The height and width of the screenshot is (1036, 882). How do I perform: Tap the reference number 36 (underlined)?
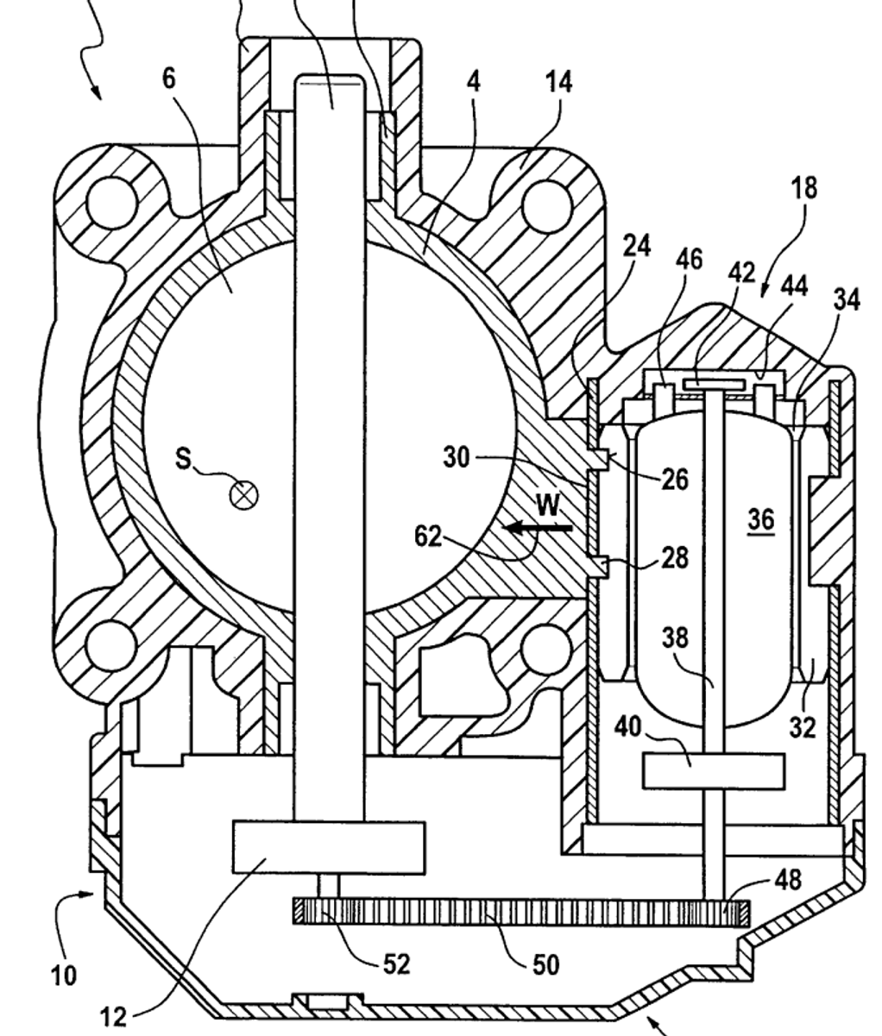(x=762, y=520)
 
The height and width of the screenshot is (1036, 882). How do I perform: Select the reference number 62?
(x=428, y=537)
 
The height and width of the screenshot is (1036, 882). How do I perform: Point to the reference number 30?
(x=457, y=457)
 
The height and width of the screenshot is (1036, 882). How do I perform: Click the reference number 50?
(x=545, y=964)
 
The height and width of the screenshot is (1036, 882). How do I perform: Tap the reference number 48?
(x=788, y=880)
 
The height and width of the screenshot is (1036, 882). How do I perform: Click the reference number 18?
(x=803, y=188)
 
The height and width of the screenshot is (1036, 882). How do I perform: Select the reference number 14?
(x=558, y=82)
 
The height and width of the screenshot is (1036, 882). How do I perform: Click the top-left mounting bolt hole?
(x=112, y=202)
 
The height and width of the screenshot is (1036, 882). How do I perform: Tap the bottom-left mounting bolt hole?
(x=111, y=646)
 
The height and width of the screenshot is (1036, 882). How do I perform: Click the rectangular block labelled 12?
(x=329, y=847)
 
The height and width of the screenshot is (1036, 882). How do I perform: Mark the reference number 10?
(x=64, y=976)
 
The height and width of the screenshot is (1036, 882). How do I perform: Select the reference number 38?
(x=676, y=638)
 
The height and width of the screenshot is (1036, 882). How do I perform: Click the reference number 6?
(x=169, y=79)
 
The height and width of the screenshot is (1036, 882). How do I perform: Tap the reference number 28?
(x=674, y=558)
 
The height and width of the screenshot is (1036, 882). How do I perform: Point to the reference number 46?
(x=689, y=260)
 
